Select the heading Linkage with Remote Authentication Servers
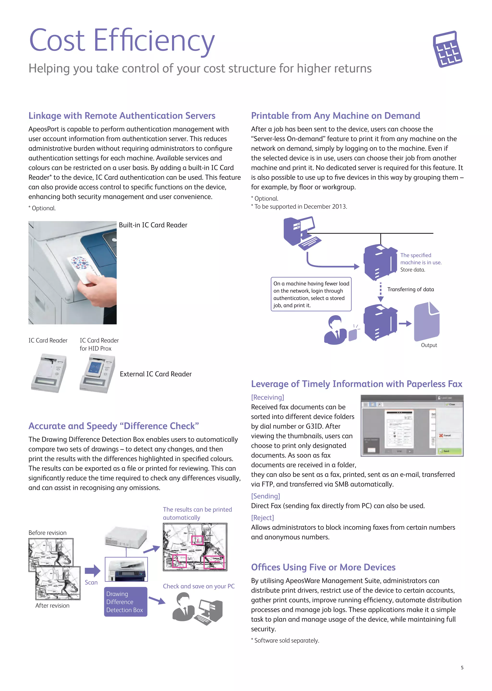tap(122, 116)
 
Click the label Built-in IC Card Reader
tap(153, 225)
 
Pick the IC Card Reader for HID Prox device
tap(98, 373)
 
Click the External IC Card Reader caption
tap(156, 374)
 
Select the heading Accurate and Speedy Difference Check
tap(114, 426)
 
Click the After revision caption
tap(52, 605)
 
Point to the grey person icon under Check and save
tap(183, 607)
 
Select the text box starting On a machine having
tap(311, 294)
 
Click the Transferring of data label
tap(410, 289)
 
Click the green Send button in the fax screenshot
tap(449, 451)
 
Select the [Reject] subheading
tap(262, 518)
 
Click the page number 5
tap(462, 668)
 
